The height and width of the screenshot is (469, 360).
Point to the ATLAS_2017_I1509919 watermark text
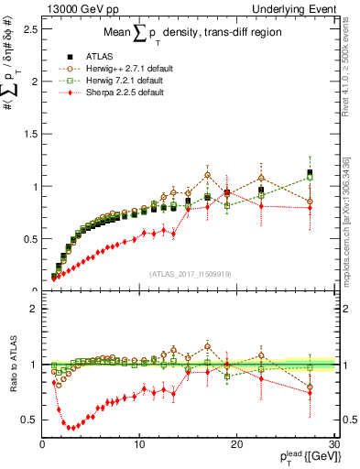[189, 272]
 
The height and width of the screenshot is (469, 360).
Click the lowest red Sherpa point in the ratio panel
[68, 427]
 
